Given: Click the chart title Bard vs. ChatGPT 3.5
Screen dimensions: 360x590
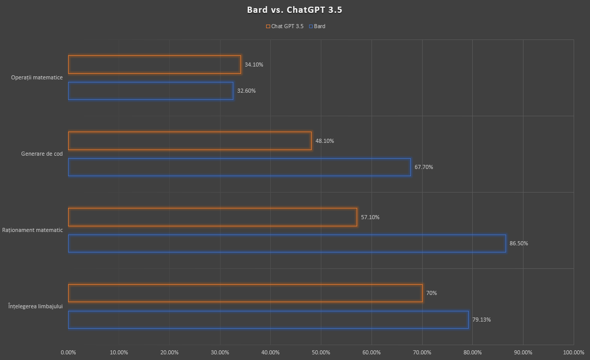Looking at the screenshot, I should pyautogui.click(x=294, y=10).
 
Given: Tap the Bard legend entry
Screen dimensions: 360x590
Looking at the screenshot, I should pyautogui.click(x=317, y=26).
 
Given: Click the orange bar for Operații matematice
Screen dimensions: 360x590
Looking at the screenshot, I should pyautogui.click(x=154, y=65).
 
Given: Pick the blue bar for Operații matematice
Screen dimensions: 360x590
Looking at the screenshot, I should pyautogui.click(x=150, y=91).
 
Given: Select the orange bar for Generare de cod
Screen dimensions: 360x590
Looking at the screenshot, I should pyautogui.click(x=189, y=141).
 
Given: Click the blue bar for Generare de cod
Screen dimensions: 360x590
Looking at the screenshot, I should pyautogui.click(x=239, y=167).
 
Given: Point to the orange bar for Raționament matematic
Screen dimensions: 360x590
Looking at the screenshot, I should pyautogui.click(x=212, y=217).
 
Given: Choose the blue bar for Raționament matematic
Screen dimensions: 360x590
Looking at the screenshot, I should pyautogui.click(x=287, y=243).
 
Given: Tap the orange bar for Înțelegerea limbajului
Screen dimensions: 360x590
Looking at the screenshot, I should pyautogui.click(x=245, y=293).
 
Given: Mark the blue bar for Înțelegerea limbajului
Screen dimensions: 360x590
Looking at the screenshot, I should pyautogui.click(x=268, y=320).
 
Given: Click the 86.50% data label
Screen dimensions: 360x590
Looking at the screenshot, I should pyautogui.click(x=518, y=243).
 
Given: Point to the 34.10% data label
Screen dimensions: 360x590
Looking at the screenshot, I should pyautogui.click(x=254, y=65).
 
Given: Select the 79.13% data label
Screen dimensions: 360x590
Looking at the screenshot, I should pyautogui.click(x=482, y=320).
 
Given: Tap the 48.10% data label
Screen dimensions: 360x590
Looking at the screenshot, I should pyautogui.click(x=324, y=141).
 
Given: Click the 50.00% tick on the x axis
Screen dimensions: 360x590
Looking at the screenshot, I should pyautogui.click(x=321, y=352).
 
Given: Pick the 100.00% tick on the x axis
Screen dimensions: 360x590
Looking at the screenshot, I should pyautogui.click(x=573, y=352).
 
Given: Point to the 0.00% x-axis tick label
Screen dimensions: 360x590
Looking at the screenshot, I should pyautogui.click(x=68, y=352).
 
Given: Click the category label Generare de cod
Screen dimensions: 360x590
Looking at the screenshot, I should pyautogui.click(x=42, y=154).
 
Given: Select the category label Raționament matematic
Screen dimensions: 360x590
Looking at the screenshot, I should pyautogui.click(x=32, y=230).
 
